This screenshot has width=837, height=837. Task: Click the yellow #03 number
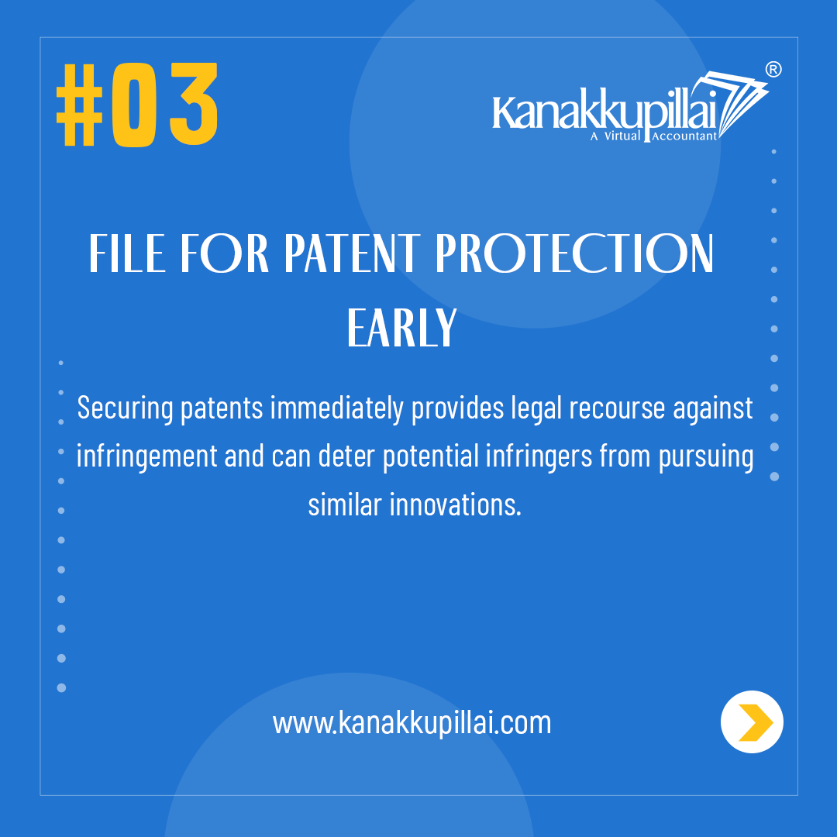pyautogui.click(x=138, y=107)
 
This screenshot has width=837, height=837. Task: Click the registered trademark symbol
pyautogui.click(x=773, y=70)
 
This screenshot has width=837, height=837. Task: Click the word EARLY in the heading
pyautogui.click(x=401, y=327)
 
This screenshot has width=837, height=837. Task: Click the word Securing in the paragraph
pyautogui.click(x=125, y=408)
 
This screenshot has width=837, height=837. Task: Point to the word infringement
pyautogui.click(x=146, y=456)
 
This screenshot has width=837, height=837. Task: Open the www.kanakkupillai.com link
pyautogui.click(x=412, y=722)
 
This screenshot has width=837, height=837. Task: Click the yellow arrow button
pyautogui.click(x=752, y=722)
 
